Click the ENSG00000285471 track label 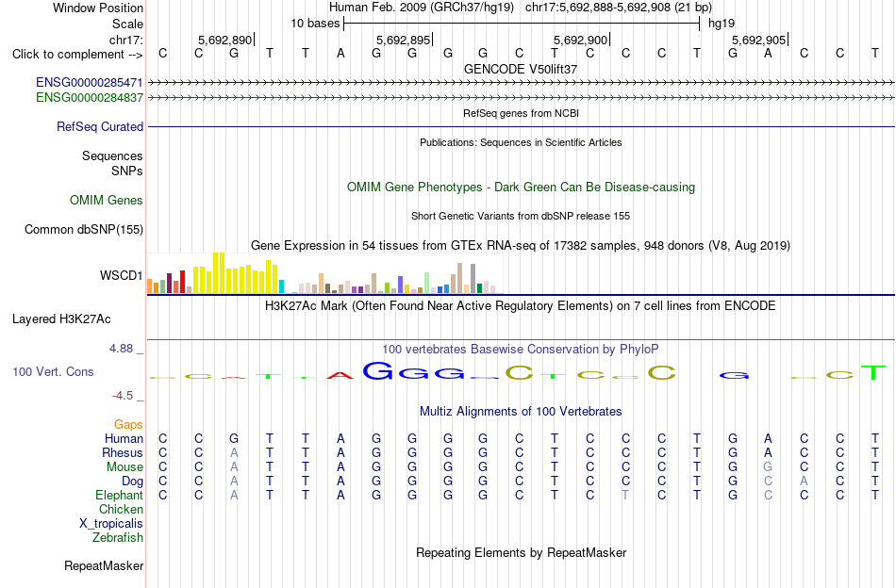pyautogui.click(x=90, y=83)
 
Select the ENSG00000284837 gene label pyautogui.click(x=90, y=98)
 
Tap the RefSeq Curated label pyautogui.click(x=100, y=126)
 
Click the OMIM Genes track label pyautogui.click(x=107, y=201)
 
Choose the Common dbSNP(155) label pyautogui.click(x=84, y=230)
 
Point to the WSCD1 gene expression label pyautogui.click(x=121, y=276)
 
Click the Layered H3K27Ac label pyautogui.click(x=61, y=319)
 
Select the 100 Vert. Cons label pyautogui.click(x=53, y=371)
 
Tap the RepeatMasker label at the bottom pyautogui.click(x=104, y=565)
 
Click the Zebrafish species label pyautogui.click(x=118, y=538)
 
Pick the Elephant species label pyautogui.click(x=120, y=496)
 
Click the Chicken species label pyautogui.click(x=121, y=509)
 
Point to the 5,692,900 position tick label pyautogui.click(x=581, y=40)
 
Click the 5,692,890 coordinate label pyautogui.click(x=225, y=40)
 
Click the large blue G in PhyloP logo pyautogui.click(x=377, y=371)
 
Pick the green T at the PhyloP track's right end pyautogui.click(x=873, y=373)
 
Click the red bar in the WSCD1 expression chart pyautogui.click(x=182, y=282)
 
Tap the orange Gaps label pyautogui.click(x=128, y=425)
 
